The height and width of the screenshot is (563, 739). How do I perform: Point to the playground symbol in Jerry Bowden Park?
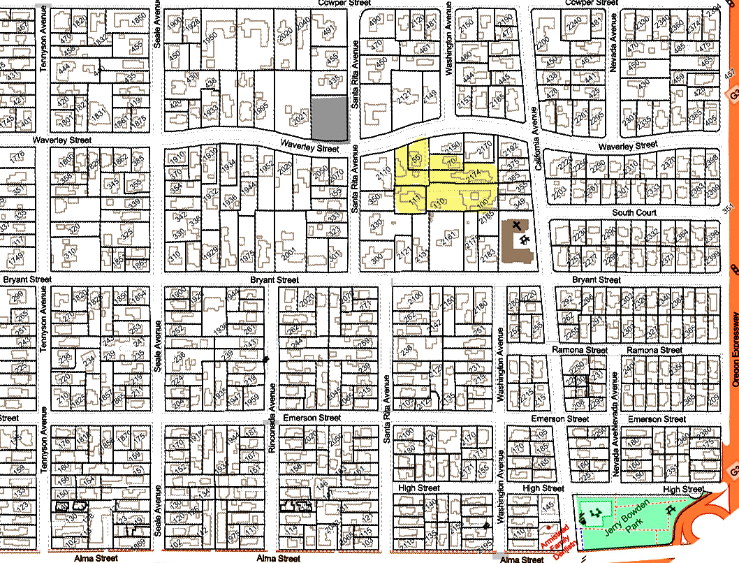[x=596, y=514]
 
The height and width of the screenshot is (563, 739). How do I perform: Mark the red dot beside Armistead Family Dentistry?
[x=550, y=527]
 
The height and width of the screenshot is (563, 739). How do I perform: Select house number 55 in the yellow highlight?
[x=416, y=159]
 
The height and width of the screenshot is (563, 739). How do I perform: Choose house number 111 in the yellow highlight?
[x=416, y=201]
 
